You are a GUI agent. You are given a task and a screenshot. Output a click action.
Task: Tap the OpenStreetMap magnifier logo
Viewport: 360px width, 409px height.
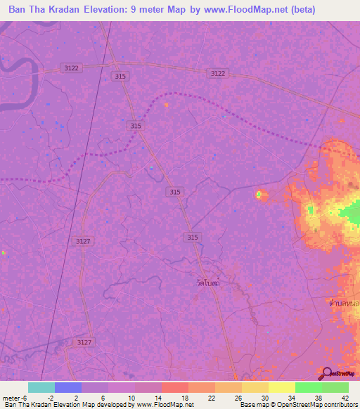pos(326,372)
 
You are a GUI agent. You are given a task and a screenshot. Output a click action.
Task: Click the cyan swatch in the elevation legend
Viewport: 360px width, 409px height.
pos(41,387)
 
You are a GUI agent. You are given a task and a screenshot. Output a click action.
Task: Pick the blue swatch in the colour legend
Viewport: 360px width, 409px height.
pos(68,387)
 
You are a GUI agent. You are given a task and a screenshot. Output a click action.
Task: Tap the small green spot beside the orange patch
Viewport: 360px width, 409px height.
pos(259,194)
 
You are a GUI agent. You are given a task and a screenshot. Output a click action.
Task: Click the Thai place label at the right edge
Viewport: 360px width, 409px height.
pos(347,303)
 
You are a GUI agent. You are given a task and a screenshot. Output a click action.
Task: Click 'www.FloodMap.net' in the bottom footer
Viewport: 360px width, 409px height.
pos(155,405)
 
